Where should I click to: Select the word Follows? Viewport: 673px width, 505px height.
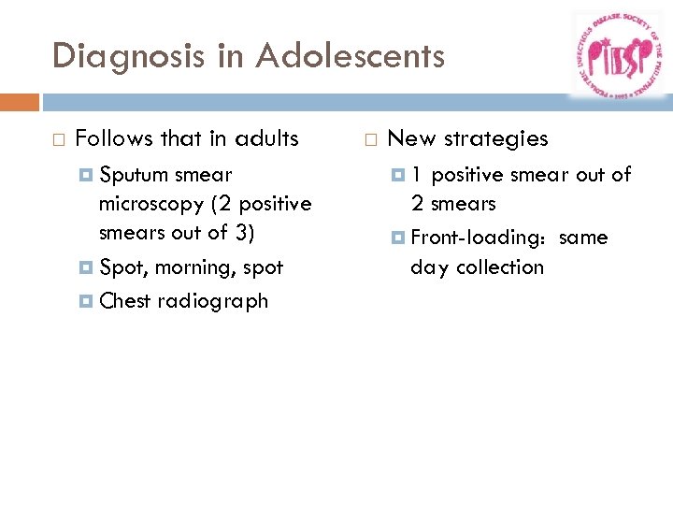[x=114, y=139]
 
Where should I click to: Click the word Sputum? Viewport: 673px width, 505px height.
[x=133, y=175]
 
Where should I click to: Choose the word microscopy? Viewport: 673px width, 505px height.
[x=150, y=204]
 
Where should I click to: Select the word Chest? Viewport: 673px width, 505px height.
[x=125, y=301]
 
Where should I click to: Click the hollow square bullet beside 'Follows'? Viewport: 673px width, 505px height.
[x=59, y=140]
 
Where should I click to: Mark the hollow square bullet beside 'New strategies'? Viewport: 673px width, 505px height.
[x=371, y=140]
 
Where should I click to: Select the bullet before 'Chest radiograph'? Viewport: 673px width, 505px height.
[x=86, y=301]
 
